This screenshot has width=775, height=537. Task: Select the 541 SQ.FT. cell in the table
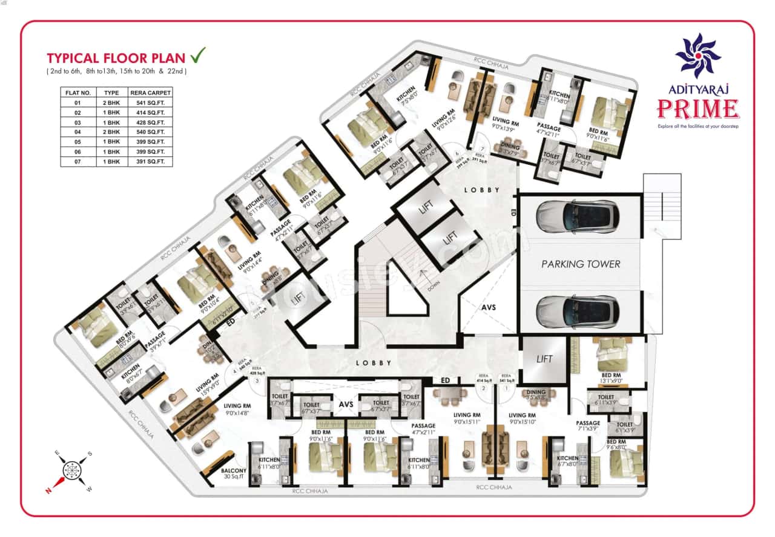150,102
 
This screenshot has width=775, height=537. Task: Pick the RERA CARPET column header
150,93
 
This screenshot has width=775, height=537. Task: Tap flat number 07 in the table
77,161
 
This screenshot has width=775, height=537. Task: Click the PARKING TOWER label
580,264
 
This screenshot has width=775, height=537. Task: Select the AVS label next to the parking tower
488,307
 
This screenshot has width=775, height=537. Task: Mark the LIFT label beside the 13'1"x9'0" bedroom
544,359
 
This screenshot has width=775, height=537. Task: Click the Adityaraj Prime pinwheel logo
698,56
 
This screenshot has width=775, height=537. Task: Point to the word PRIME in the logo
697,109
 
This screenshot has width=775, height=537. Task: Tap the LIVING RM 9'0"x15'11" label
470,418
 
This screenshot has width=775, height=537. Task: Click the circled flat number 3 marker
257,381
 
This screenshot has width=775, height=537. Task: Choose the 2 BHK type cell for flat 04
111,132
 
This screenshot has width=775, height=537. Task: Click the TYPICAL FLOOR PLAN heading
116,58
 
